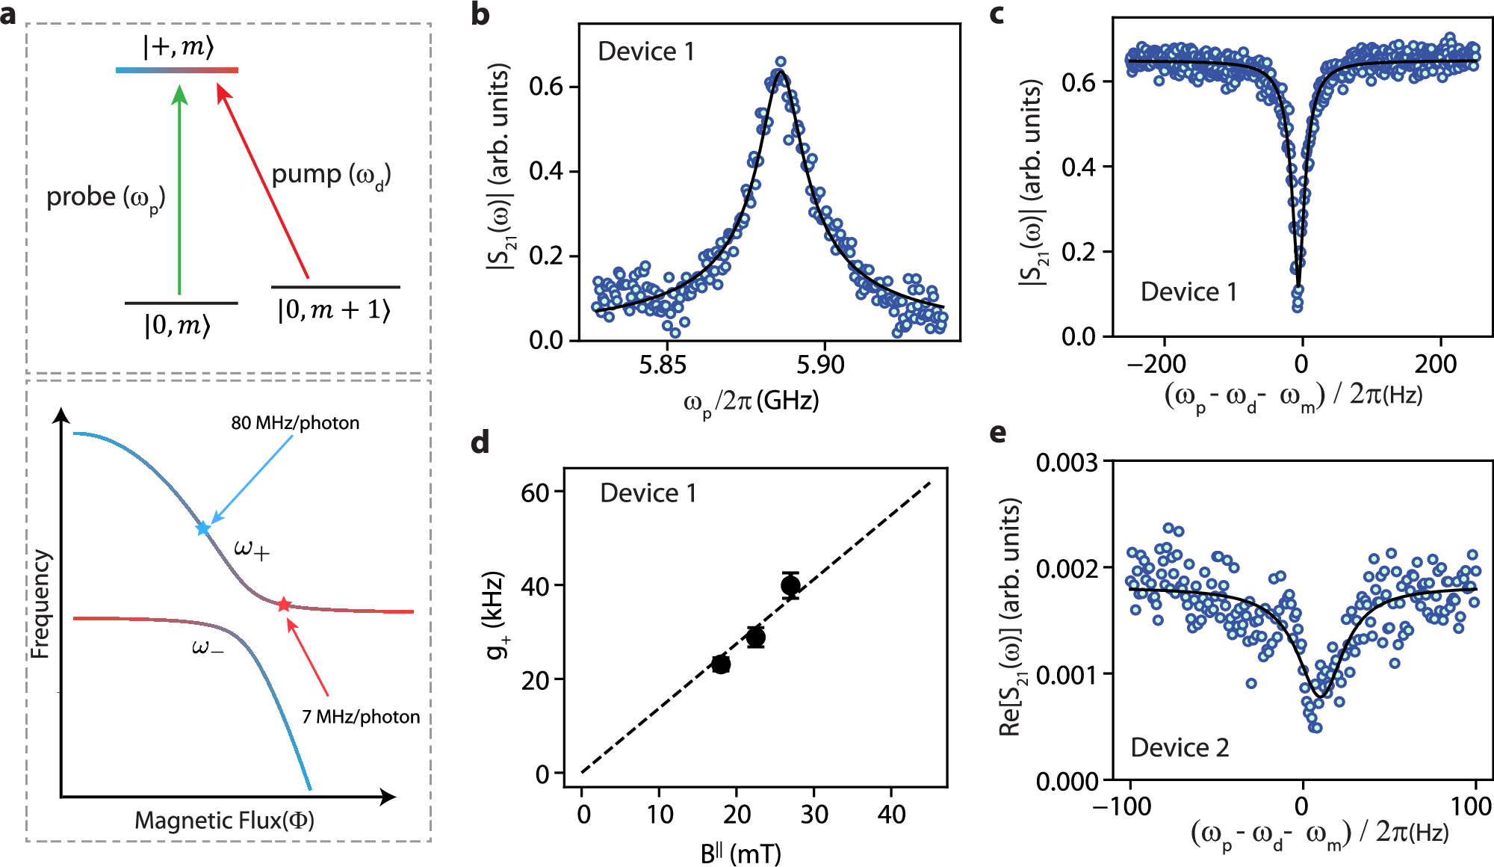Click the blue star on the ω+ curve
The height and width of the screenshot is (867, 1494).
pos(202,528)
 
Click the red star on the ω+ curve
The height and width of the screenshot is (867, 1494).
pos(283,605)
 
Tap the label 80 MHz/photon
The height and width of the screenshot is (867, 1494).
pos(295,423)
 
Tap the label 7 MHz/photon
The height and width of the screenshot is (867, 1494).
pos(361,717)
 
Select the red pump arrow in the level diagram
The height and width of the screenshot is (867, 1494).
pos(263,182)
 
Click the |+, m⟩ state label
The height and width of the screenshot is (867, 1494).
pos(179,46)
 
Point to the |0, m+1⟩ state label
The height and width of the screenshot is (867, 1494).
pos(334,309)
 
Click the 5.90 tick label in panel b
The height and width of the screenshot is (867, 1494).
pos(819,365)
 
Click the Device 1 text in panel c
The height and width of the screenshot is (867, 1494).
pos(1188,291)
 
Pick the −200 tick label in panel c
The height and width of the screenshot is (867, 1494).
pos(1156,364)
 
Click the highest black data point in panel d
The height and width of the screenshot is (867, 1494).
pos(790,585)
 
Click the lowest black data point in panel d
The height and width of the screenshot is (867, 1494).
pos(721,664)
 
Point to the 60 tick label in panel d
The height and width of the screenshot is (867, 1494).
pos(535,493)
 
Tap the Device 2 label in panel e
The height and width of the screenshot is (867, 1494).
pos(1180,747)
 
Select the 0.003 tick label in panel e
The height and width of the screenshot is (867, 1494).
pos(1066,463)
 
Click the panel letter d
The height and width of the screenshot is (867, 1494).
pos(480,442)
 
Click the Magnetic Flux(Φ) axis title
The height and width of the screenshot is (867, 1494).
pos(224,821)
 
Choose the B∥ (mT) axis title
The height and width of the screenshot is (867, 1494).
pos(740,853)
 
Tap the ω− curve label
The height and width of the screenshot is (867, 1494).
pos(207,647)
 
